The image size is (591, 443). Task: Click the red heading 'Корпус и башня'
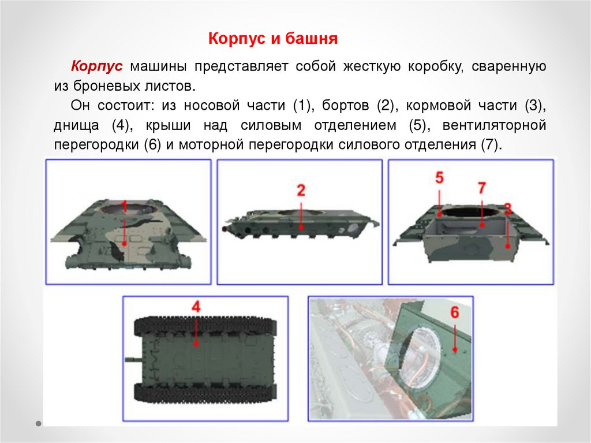[273, 39]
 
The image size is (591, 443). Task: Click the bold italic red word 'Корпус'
[97, 66]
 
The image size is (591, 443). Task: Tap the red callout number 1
[124, 206]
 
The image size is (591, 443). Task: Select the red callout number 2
[301, 191]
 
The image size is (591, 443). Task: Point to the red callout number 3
[507, 209]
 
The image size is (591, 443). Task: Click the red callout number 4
[196, 307]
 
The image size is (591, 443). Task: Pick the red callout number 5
[439, 178]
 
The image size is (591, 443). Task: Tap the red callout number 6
[455, 312]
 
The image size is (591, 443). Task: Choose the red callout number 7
[482, 188]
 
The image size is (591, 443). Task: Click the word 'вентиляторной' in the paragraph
[494, 125]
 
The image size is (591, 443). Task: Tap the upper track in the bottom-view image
[205, 326]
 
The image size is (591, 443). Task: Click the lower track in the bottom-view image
[205, 392]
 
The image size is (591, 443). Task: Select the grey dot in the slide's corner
[39, 424]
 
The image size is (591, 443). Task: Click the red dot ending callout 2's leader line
[301, 227]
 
